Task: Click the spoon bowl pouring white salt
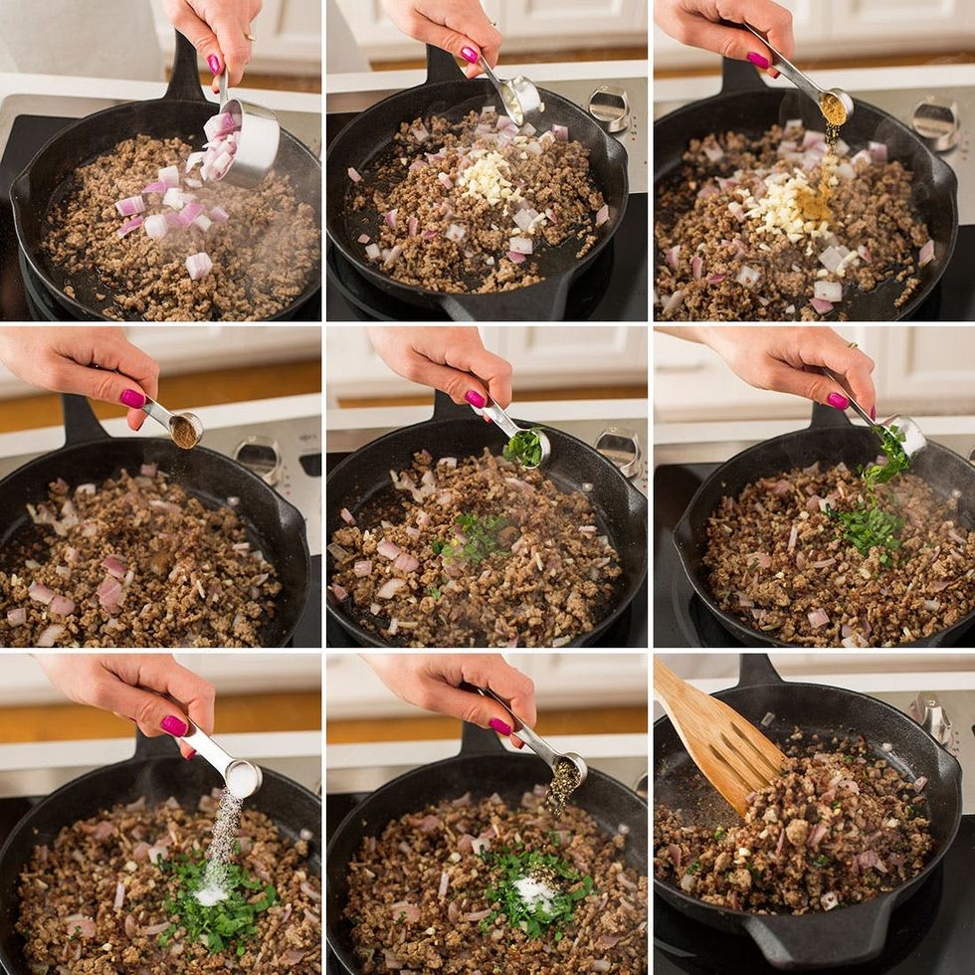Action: point(242,777)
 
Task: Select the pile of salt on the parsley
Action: point(211,892)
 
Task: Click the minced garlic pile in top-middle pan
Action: point(487,178)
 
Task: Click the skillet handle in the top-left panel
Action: point(184,70)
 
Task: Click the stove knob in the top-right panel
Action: point(935,119)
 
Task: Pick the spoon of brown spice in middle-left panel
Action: point(184,430)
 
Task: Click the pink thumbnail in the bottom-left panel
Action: point(174,725)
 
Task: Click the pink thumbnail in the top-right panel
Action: point(759,60)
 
